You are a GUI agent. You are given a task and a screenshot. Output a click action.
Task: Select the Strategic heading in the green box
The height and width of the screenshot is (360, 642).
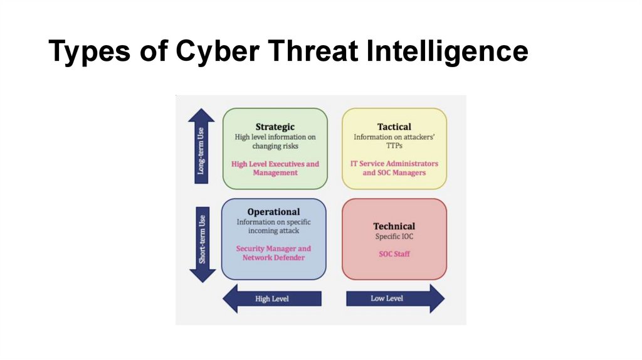(275, 127)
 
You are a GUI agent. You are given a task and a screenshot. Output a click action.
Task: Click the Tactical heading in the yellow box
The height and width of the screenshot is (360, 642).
(394, 127)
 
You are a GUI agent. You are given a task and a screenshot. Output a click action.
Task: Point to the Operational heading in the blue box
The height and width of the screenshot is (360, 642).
(273, 212)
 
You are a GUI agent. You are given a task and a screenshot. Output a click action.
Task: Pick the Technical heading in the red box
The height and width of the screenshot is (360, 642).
(394, 226)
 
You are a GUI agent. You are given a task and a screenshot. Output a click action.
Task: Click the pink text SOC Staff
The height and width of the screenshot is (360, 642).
(394, 254)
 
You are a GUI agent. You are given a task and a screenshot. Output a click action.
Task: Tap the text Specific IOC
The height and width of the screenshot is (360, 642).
(394, 237)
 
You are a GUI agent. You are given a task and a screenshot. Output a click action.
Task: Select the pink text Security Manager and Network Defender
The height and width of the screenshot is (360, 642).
(273, 253)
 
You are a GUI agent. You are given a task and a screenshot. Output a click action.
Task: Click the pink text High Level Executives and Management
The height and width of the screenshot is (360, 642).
(275, 168)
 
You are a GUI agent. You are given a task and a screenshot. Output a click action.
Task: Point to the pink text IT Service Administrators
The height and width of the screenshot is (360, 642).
(394, 164)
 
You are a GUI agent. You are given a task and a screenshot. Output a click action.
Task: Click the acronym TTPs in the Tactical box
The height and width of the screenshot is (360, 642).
(394, 146)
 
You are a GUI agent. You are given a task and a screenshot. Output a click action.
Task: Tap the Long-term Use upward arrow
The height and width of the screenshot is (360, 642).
(201, 146)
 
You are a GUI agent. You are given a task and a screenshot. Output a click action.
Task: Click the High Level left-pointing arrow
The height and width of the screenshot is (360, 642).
(271, 299)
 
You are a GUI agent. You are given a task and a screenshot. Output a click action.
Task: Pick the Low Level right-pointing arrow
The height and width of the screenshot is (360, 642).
(395, 299)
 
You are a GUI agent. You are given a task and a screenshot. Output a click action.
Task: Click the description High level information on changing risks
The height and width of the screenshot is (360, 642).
(275, 141)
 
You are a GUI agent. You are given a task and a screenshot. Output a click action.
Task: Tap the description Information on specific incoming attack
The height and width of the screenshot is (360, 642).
(273, 226)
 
